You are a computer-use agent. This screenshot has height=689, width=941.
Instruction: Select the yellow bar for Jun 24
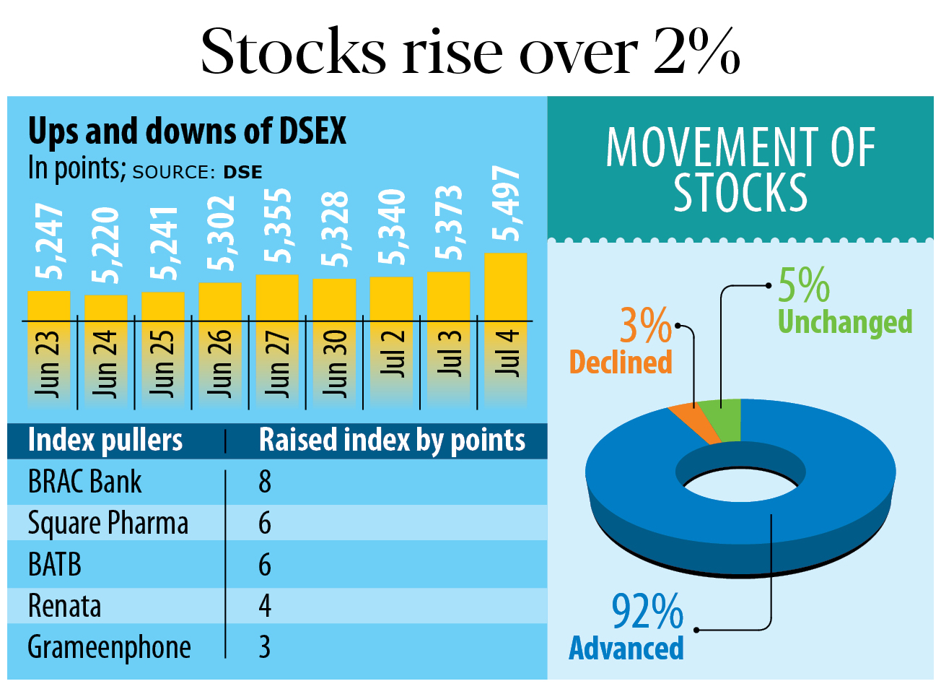(106, 308)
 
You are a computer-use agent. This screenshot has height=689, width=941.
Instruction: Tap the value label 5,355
(277, 226)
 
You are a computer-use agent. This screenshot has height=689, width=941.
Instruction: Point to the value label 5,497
(505, 203)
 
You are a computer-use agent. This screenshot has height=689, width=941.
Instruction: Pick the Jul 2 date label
(392, 354)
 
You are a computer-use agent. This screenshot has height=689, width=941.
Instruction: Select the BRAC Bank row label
(84, 482)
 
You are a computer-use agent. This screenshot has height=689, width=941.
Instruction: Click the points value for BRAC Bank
(265, 482)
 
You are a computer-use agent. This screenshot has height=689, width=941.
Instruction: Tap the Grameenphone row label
(109, 647)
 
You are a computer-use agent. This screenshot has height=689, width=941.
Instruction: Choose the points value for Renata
(265, 606)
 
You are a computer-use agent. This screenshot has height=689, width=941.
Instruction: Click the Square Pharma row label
(108, 523)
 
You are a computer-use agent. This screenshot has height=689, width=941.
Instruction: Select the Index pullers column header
(105, 440)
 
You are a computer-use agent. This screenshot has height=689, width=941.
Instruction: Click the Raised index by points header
(392, 440)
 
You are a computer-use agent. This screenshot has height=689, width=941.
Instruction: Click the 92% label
(647, 612)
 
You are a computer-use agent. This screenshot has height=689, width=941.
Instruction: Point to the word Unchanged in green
(845, 322)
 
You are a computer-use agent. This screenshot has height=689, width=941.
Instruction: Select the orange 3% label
(646, 326)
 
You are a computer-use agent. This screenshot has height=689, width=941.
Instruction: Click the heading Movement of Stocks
(740, 170)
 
